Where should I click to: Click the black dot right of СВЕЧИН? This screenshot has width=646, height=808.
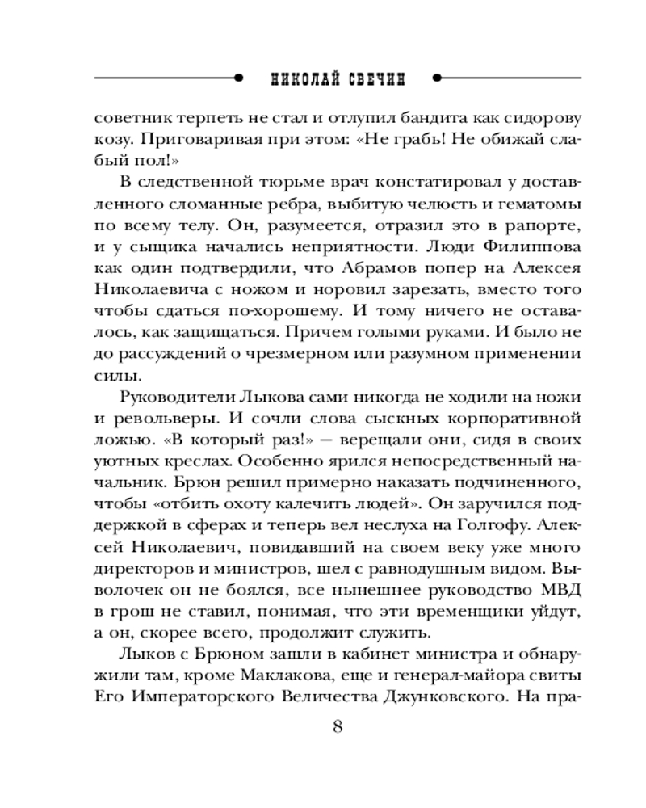click(x=437, y=78)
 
